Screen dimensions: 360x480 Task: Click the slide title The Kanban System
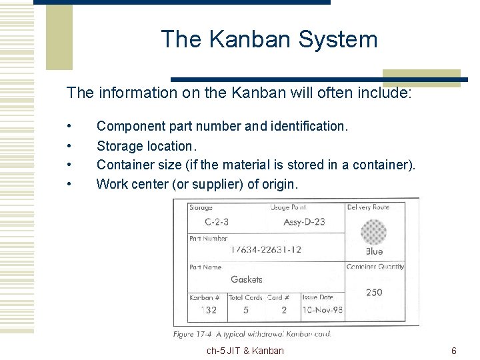(269, 39)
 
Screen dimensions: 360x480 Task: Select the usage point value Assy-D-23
(304, 221)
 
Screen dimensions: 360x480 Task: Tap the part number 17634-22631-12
(266, 250)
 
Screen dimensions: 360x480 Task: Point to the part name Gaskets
(247, 279)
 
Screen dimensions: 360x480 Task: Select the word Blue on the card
(374, 251)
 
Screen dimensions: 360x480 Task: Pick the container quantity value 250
(374, 292)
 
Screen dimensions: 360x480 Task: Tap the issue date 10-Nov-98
(322, 310)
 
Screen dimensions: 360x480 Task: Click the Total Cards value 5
(246, 310)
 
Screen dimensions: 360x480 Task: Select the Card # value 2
(283, 310)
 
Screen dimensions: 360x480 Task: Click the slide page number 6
(453, 351)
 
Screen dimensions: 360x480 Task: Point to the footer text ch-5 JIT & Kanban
(245, 351)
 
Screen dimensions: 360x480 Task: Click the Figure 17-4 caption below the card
(251, 334)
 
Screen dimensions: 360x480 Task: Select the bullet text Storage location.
(145, 145)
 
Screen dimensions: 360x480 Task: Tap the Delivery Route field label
(368, 207)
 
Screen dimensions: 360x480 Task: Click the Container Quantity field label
(375, 267)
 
